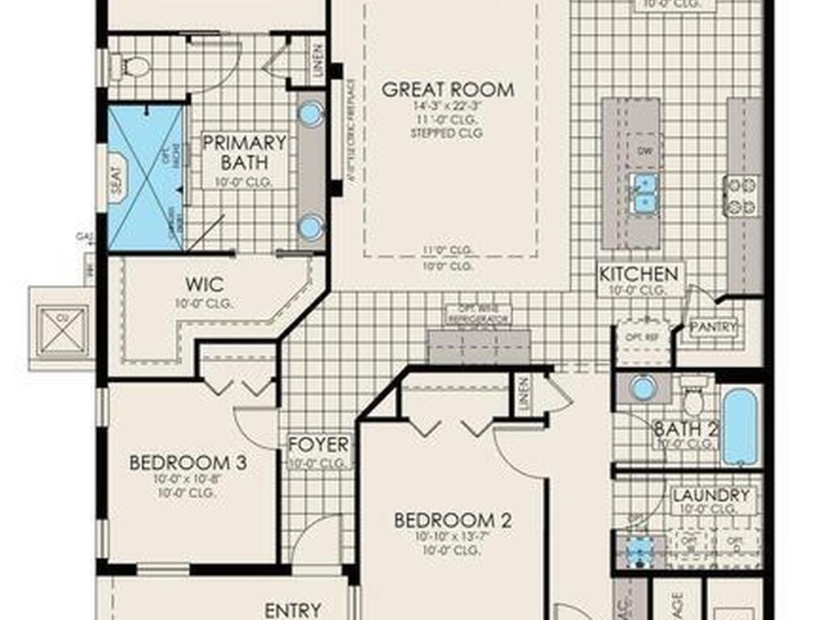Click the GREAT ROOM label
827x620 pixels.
(x=447, y=89)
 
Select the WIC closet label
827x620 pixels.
(x=204, y=285)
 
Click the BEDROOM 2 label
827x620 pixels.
(x=453, y=520)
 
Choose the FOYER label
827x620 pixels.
(x=319, y=445)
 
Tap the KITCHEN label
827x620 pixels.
(x=638, y=274)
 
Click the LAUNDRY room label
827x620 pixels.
(x=711, y=495)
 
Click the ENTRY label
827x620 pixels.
(x=293, y=610)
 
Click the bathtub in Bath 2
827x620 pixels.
(x=740, y=427)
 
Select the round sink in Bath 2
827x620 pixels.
(x=642, y=387)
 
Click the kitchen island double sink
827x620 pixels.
(x=643, y=193)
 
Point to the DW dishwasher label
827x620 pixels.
(x=644, y=151)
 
